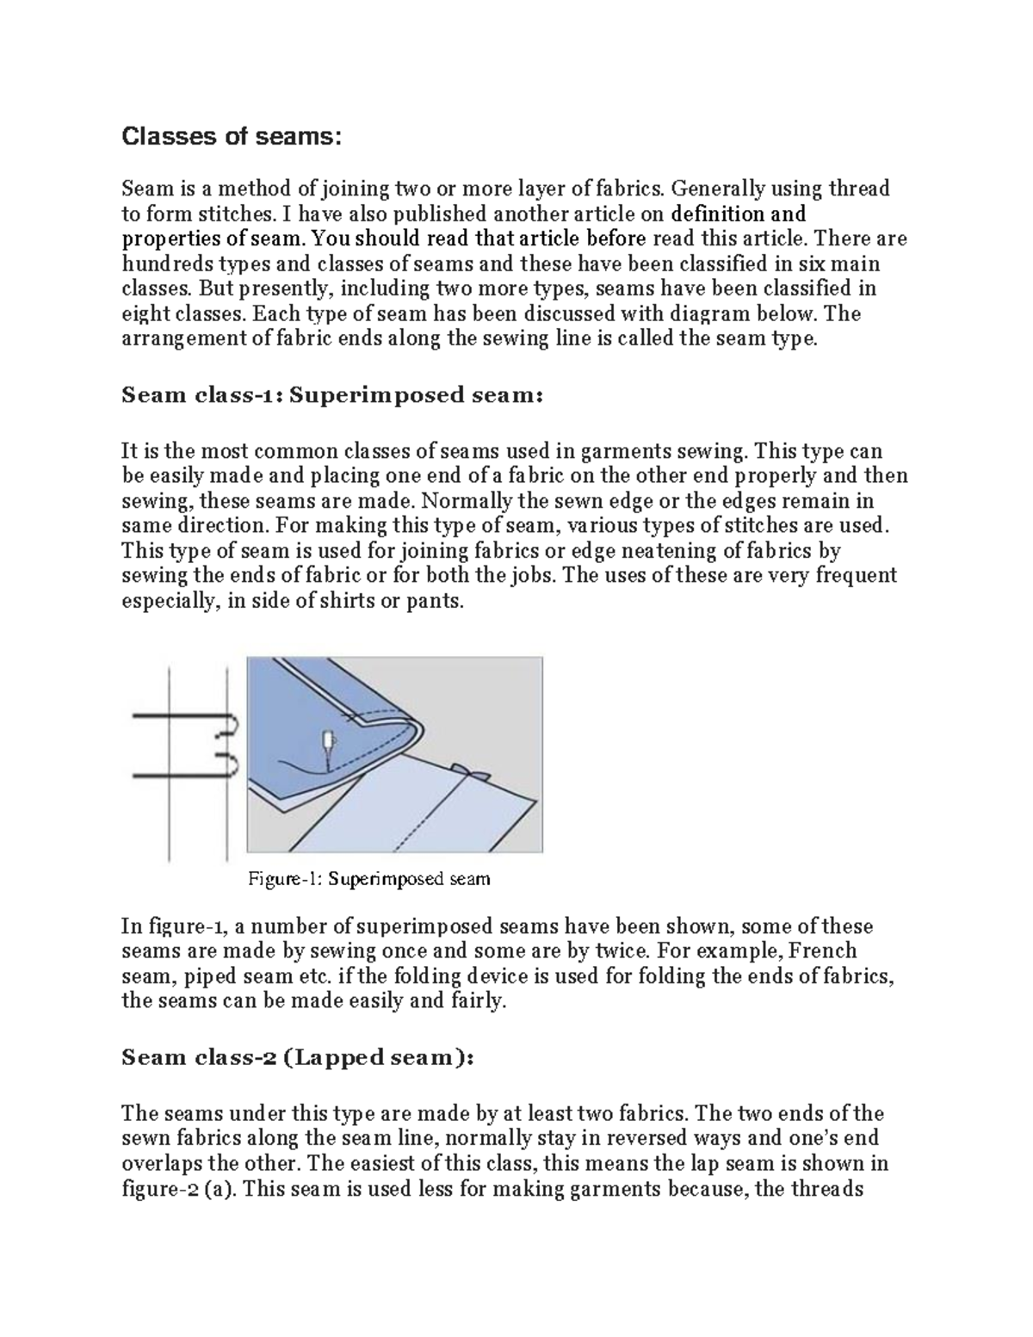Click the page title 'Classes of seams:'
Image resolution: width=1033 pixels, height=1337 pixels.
tap(232, 137)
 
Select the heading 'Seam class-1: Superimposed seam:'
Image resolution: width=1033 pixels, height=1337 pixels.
tap(332, 395)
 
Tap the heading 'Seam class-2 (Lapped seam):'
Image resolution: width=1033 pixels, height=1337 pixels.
tap(297, 1057)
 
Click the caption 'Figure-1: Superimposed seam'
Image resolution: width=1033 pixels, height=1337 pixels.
tap(368, 879)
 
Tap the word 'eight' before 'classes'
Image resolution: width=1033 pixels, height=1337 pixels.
tap(142, 313)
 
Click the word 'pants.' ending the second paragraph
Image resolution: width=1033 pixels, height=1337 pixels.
tap(434, 601)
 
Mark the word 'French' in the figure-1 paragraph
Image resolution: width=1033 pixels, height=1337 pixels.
tap(822, 951)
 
